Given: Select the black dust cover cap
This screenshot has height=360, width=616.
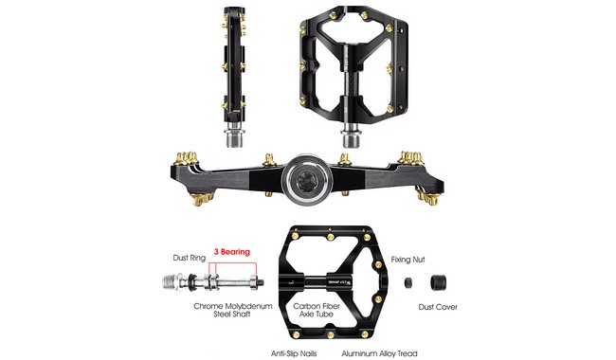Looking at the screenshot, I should coord(439,281).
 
